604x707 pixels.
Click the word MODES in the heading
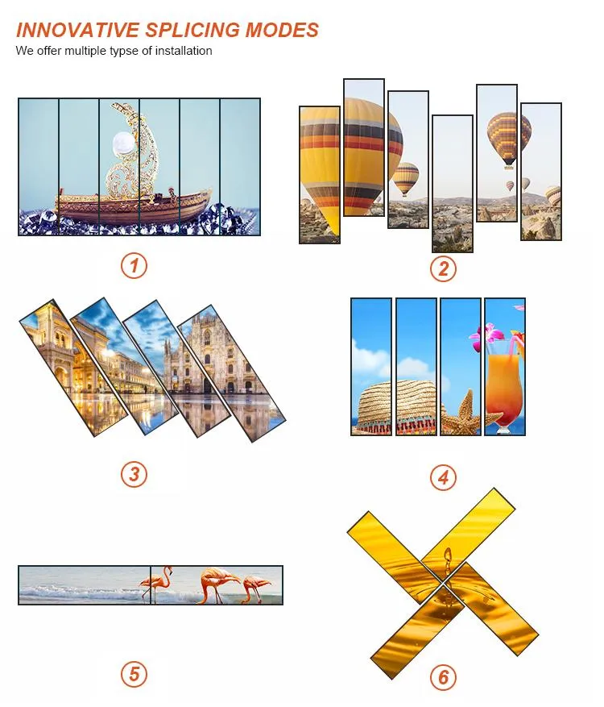click(x=282, y=30)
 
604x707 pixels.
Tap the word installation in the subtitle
click(x=184, y=51)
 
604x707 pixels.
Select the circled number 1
click(x=134, y=265)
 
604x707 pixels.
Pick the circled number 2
click(x=443, y=268)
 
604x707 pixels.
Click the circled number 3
click(x=134, y=474)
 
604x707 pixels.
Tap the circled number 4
click(x=443, y=477)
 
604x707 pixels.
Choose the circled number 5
click(x=134, y=675)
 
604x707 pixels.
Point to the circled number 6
click(x=443, y=677)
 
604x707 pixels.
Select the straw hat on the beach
click(x=397, y=408)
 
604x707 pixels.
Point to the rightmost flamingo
click(x=257, y=588)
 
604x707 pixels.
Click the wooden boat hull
click(x=134, y=207)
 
